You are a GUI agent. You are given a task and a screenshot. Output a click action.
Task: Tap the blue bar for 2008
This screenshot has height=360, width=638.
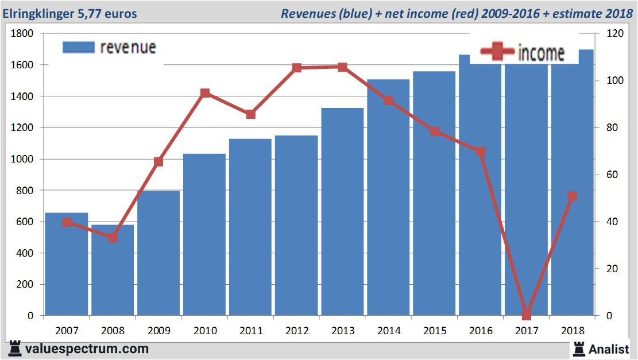pyautogui.click(x=113, y=270)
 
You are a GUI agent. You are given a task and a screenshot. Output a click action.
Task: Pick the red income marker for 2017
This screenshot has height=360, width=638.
pyautogui.click(x=527, y=315)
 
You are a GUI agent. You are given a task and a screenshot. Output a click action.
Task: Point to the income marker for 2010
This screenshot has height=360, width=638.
pyautogui.click(x=205, y=93)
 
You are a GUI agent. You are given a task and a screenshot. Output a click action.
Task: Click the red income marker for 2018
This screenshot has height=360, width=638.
pyautogui.click(x=572, y=196)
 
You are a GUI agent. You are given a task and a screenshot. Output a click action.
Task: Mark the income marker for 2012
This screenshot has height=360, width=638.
pyautogui.click(x=296, y=68)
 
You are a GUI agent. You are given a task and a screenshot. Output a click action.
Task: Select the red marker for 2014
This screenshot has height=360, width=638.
pyautogui.click(x=389, y=100)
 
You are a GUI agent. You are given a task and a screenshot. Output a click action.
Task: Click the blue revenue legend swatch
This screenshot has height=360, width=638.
pyautogui.click(x=78, y=47)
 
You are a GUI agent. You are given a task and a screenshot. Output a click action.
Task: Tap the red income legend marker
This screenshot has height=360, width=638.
pyautogui.click(x=497, y=53)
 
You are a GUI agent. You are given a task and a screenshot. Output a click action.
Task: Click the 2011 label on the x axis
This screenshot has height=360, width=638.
pyautogui.click(x=251, y=331)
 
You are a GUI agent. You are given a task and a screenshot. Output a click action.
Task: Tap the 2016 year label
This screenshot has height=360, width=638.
pyautogui.click(x=481, y=331)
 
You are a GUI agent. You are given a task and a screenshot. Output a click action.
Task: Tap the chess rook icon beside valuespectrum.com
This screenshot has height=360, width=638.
pyautogui.click(x=15, y=349)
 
